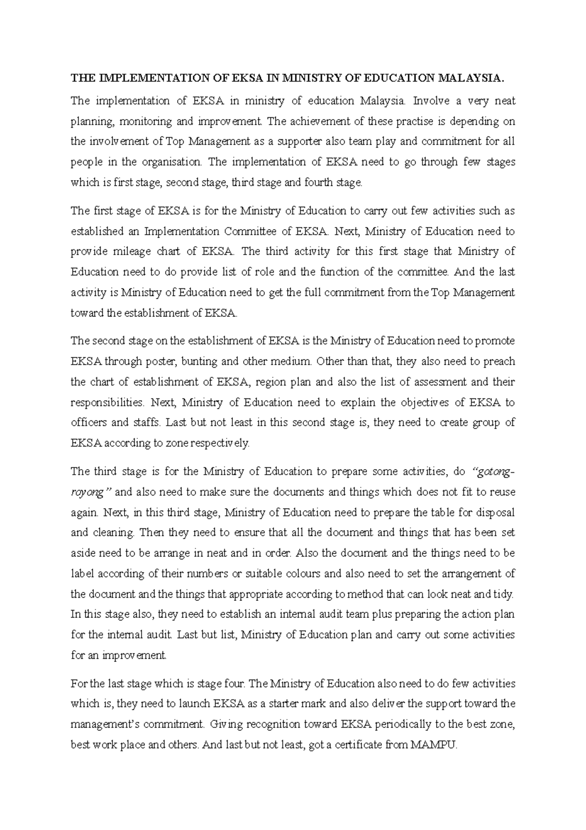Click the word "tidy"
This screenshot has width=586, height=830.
(503, 594)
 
